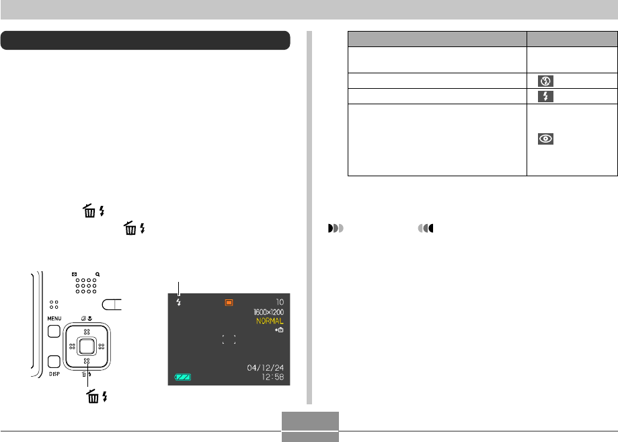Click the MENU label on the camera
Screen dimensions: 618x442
(x=54, y=319)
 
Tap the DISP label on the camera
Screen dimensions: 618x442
(x=54, y=374)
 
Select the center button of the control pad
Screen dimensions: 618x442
(x=87, y=346)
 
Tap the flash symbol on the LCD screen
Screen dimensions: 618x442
(x=179, y=302)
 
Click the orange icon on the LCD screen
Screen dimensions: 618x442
(x=229, y=303)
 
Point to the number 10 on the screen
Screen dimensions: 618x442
(x=280, y=302)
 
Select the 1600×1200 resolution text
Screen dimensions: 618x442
(x=269, y=312)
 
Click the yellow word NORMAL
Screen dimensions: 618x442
(x=270, y=321)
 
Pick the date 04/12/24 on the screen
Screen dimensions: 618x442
(x=265, y=368)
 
